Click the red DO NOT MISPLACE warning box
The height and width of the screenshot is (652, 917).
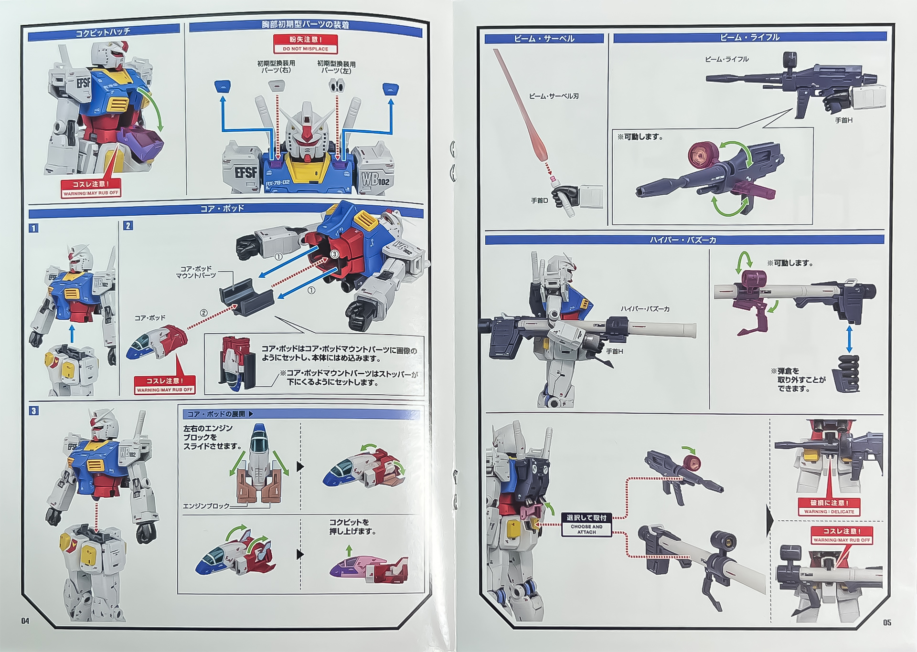[x=305, y=43]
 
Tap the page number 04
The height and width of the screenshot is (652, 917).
[x=25, y=620]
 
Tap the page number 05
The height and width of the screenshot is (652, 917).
[x=887, y=622]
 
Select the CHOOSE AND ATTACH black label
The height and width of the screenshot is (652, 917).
[x=586, y=525]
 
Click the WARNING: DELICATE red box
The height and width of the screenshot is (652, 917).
[x=829, y=506]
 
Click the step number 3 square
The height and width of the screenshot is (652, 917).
[x=33, y=410]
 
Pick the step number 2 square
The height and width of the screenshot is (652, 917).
[x=128, y=226]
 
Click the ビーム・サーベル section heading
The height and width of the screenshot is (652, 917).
[x=544, y=39]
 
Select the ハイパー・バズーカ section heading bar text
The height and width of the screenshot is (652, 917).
[x=683, y=240]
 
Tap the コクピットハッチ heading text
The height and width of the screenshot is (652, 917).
[x=103, y=32]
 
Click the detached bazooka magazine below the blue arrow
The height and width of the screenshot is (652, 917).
[x=846, y=373]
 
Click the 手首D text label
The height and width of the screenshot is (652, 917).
[x=540, y=200]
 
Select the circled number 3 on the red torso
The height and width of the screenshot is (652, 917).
[x=334, y=254]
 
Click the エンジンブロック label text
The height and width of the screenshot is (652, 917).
[x=206, y=505]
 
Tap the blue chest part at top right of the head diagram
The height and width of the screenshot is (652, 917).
[x=390, y=88]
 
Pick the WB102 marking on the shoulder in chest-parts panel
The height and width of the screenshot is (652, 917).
[x=375, y=179]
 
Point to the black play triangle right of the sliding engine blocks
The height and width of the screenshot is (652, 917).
[x=300, y=466]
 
